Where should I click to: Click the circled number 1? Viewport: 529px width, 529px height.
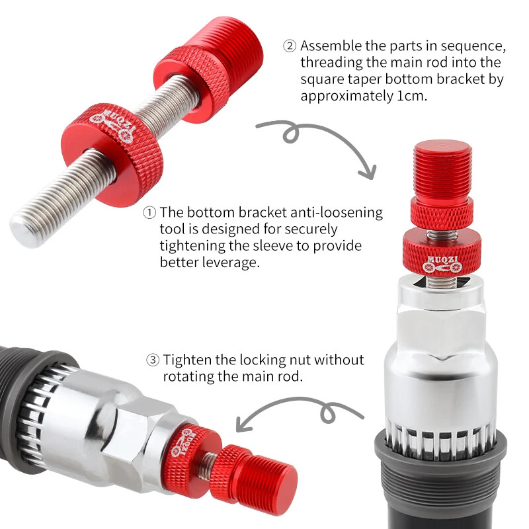click(x=149, y=213)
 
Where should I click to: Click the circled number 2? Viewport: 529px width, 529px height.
click(x=290, y=46)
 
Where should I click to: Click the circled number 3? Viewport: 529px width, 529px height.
click(x=153, y=360)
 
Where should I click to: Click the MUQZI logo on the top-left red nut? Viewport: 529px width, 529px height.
click(x=113, y=126)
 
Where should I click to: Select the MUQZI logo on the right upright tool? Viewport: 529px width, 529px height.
click(x=442, y=264)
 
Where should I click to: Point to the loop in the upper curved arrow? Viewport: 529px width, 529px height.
click(x=291, y=133)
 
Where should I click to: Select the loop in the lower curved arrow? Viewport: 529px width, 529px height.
click(x=329, y=413)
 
